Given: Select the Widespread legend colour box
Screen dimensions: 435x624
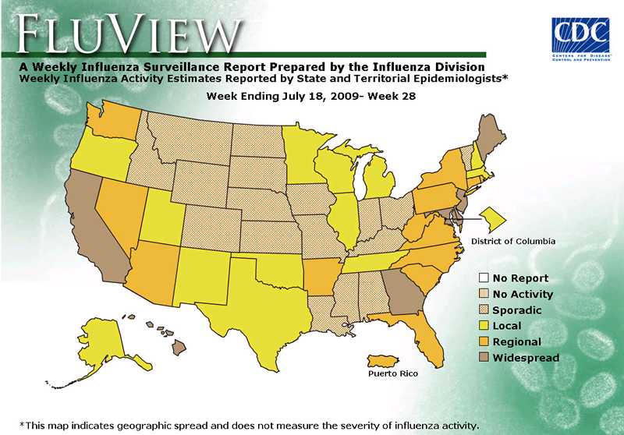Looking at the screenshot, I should click(484, 358).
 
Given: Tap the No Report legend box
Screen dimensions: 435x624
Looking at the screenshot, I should click(484, 278).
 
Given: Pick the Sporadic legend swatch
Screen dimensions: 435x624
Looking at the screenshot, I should click(484, 310).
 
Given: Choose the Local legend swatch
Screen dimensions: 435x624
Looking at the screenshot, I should click(484, 326).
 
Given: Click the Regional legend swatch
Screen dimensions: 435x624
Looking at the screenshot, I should click(484, 342).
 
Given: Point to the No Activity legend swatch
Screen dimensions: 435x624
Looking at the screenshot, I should click(484, 294).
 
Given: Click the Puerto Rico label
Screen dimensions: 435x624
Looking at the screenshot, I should click(392, 374).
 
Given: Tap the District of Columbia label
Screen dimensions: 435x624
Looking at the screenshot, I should click(512, 242).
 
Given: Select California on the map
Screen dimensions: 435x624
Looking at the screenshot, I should click(94, 226).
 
